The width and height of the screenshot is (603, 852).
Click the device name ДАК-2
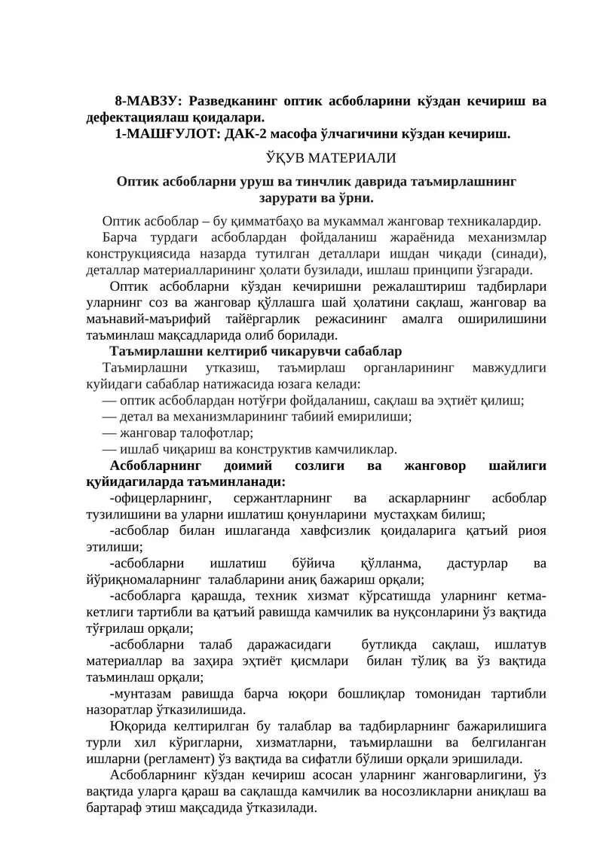point(248,135)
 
